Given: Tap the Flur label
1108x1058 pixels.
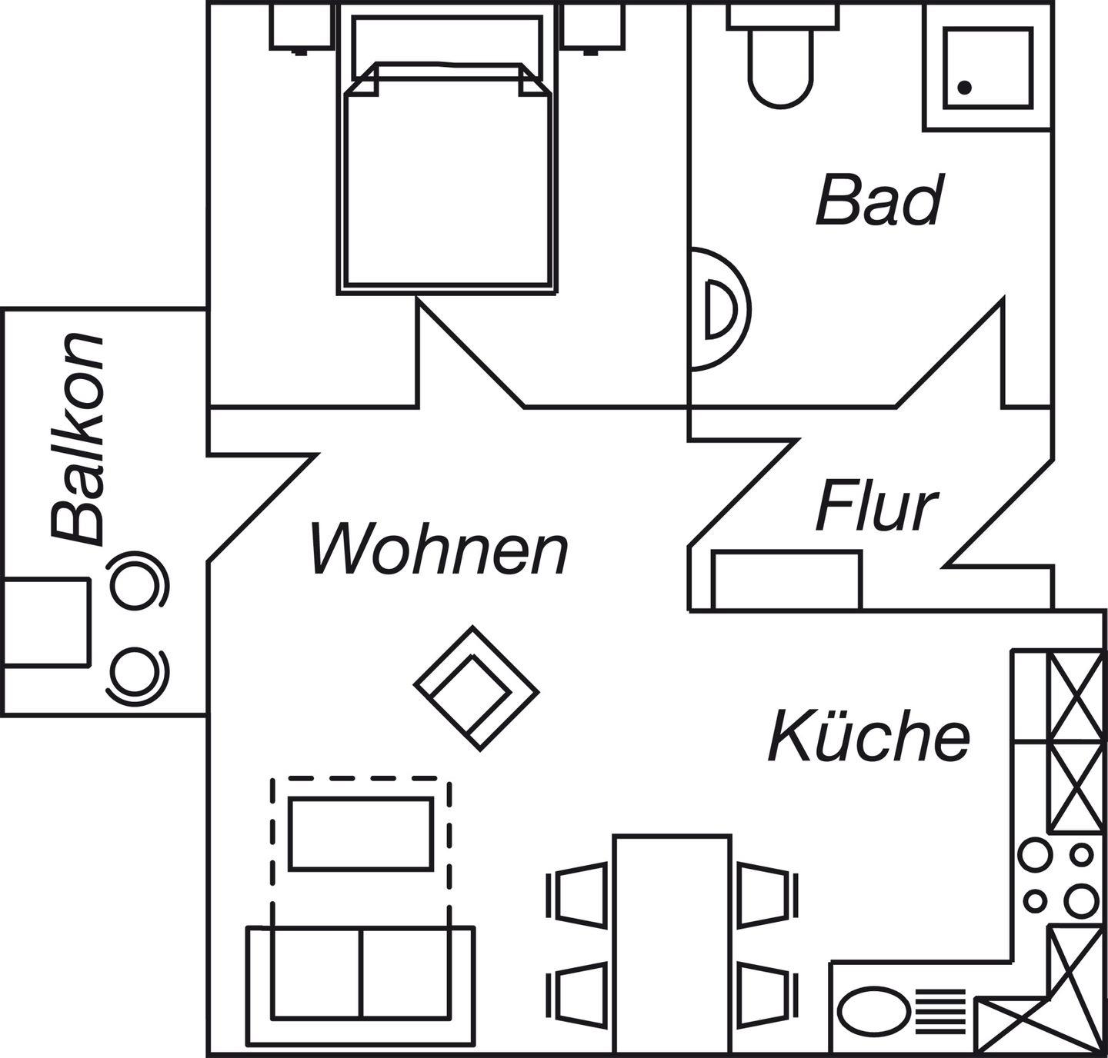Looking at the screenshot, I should pyautogui.click(x=876, y=507).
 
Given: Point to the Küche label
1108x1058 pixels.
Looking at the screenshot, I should pyautogui.click(x=869, y=736).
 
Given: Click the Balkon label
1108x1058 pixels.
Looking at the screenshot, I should pyautogui.click(x=77, y=438).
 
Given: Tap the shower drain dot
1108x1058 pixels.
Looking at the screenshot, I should pyautogui.click(x=965, y=88).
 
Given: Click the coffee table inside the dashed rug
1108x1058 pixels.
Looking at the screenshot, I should pyautogui.click(x=361, y=833).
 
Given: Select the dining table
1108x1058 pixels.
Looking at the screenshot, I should pyautogui.click(x=672, y=944).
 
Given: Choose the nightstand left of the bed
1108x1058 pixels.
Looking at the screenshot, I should pyautogui.click(x=302, y=25).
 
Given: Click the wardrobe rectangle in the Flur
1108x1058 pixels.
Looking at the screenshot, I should pyautogui.click(x=787, y=580).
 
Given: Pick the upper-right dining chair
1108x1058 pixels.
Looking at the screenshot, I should pyautogui.click(x=765, y=894).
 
